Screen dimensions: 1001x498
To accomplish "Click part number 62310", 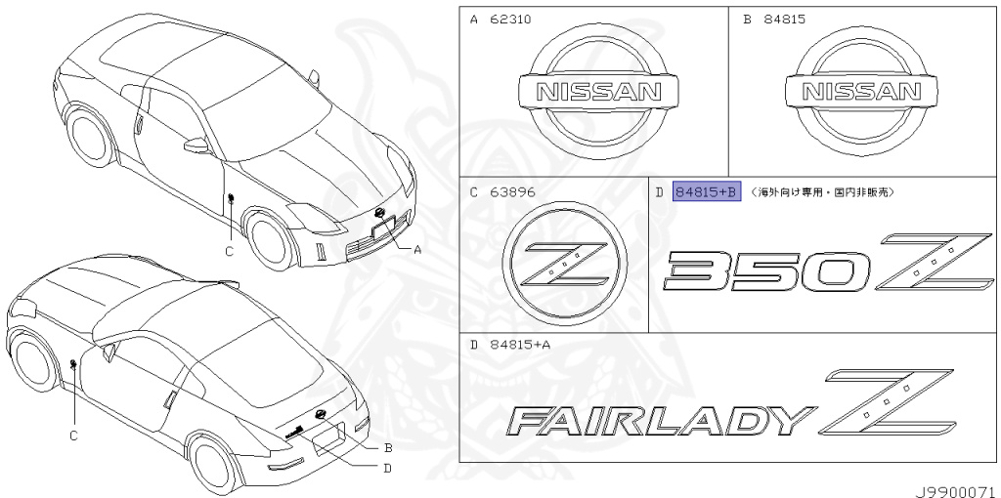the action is (511, 19).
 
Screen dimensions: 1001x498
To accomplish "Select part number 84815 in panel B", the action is (785, 19).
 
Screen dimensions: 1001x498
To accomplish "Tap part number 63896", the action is (511, 192).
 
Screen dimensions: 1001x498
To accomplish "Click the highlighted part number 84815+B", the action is (707, 192).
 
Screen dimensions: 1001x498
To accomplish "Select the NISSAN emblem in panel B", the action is (861, 93).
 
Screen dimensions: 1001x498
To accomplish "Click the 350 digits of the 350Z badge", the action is (766, 270).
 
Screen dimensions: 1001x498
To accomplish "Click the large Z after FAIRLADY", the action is (887, 401).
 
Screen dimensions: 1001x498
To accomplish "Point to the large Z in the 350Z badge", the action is (934, 260).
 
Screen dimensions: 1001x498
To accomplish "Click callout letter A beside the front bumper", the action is (417, 249).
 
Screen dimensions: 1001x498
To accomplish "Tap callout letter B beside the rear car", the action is (388, 448).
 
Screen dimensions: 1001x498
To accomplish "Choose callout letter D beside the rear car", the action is (388, 467).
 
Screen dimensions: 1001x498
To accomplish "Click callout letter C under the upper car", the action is (229, 251).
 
